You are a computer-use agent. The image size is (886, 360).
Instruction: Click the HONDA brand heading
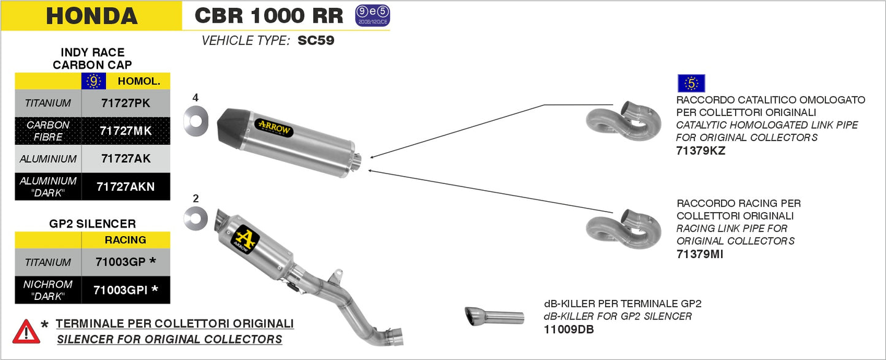click(x=91, y=15)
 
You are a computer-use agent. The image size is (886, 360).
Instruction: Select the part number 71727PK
click(x=126, y=103)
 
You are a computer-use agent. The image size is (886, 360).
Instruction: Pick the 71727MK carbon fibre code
click(x=126, y=131)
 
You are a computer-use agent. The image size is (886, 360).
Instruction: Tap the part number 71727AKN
click(x=126, y=186)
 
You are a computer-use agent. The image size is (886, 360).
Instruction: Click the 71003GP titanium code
click(x=121, y=262)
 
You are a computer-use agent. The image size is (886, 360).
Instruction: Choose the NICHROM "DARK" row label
click(x=48, y=290)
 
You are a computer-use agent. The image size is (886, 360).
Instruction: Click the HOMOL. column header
click(x=139, y=81)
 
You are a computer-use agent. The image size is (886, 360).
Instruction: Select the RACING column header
click(x=125, y=240)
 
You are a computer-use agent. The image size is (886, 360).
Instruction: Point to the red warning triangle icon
click(x=26, y=332)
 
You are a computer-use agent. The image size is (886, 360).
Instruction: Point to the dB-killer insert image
click(x=494, y=317)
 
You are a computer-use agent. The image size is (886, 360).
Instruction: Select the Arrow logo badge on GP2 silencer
click(x=245, y=240)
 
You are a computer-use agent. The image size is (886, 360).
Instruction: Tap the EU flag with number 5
click(x=691, y=83)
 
